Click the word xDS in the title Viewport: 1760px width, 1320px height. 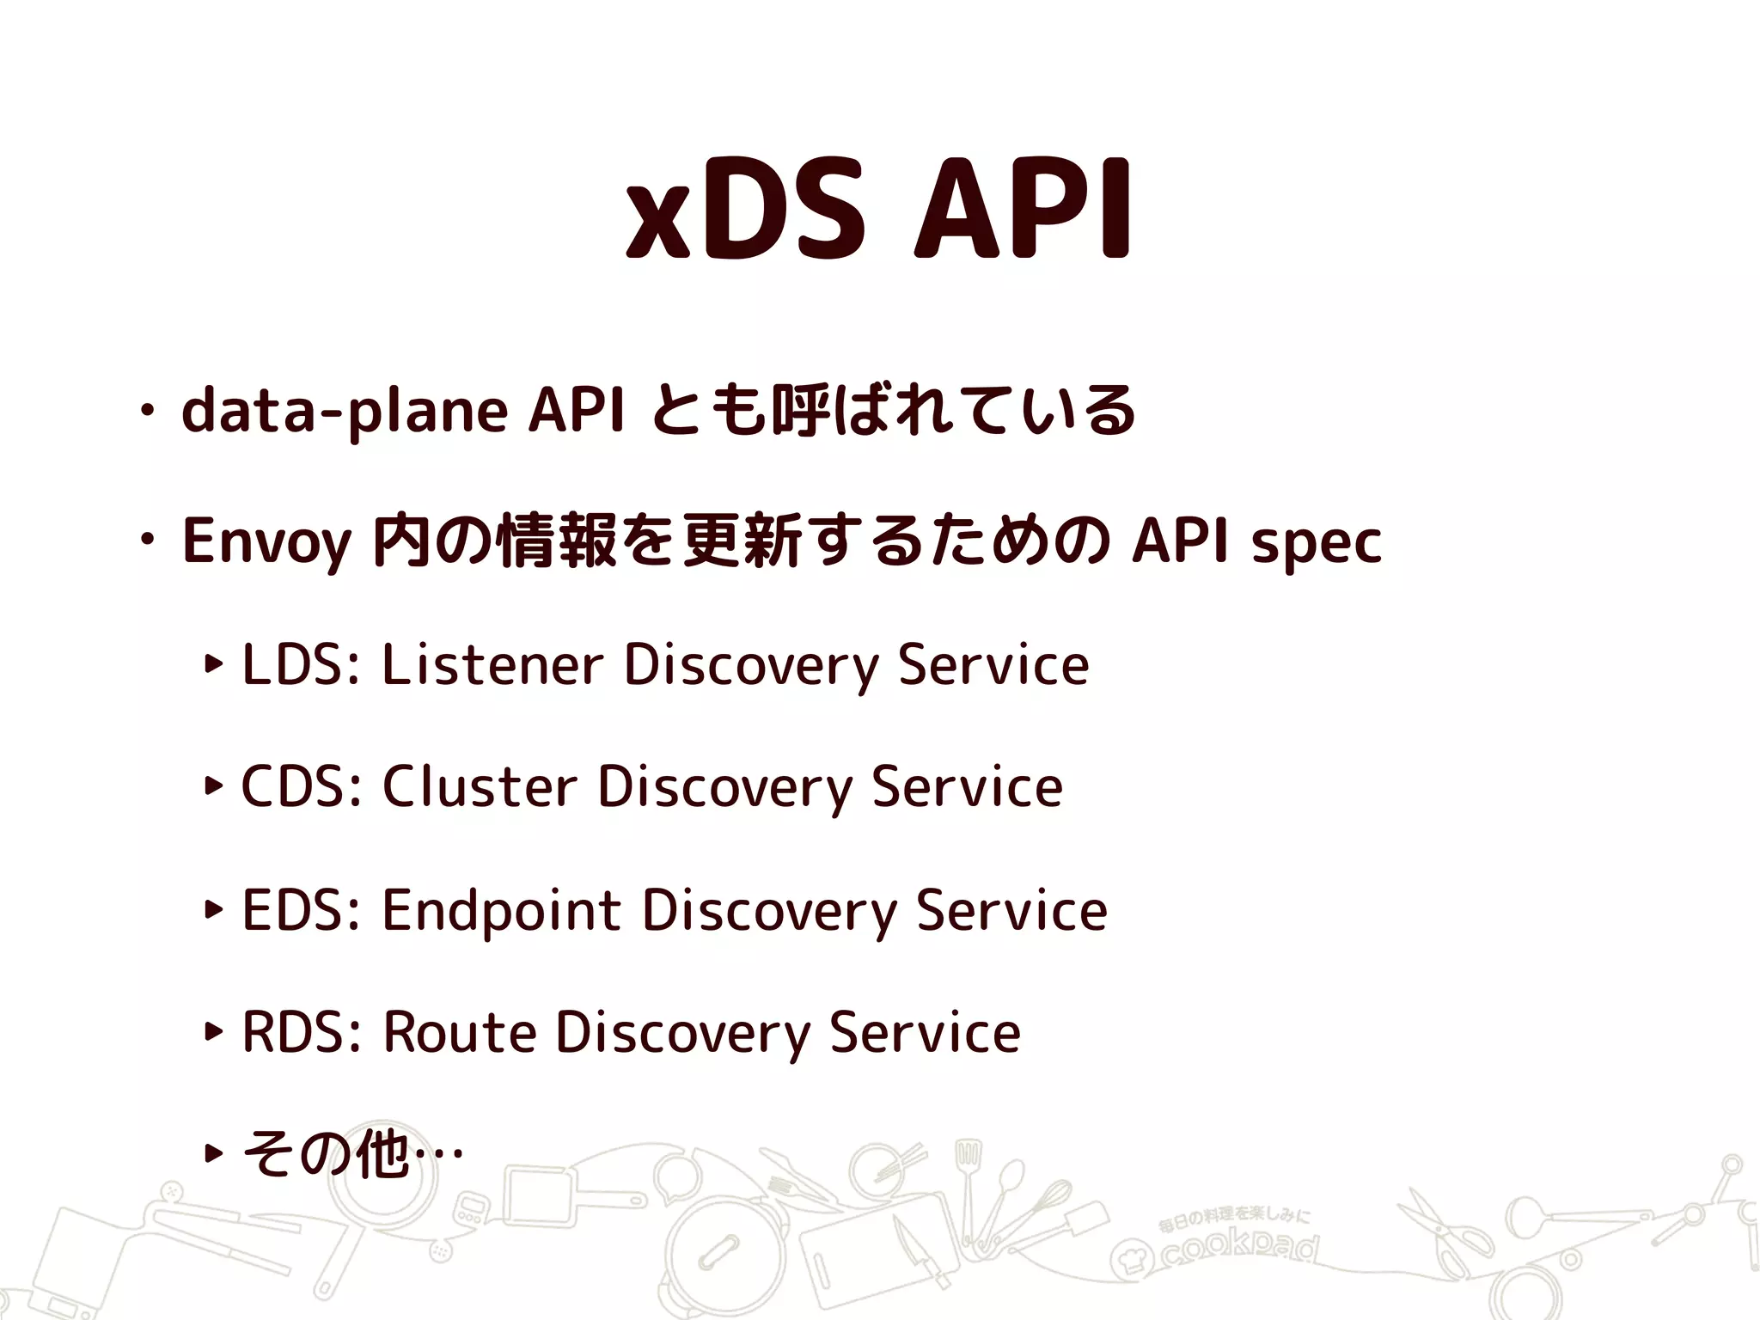pos(744,211)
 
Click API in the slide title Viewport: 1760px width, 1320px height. pos(1024,211)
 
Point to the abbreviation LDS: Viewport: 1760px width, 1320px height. pos(301,665)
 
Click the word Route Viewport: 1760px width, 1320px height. pos(460,1032)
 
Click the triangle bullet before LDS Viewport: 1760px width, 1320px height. pos(214,663)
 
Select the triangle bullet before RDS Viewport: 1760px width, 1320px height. pos(214,1030)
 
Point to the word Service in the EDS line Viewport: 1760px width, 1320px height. pos(1011,910)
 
